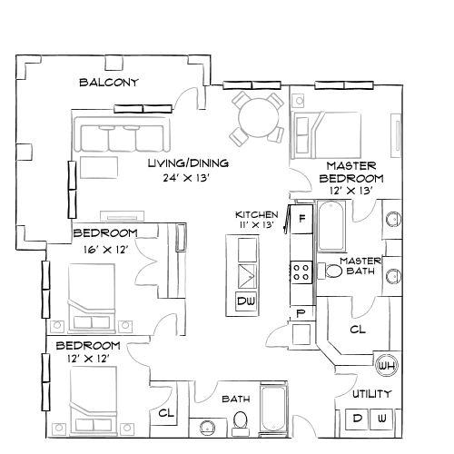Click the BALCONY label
108,83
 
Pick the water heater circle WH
386,366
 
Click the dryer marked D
357,419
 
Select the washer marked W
383,419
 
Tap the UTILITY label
372,394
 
